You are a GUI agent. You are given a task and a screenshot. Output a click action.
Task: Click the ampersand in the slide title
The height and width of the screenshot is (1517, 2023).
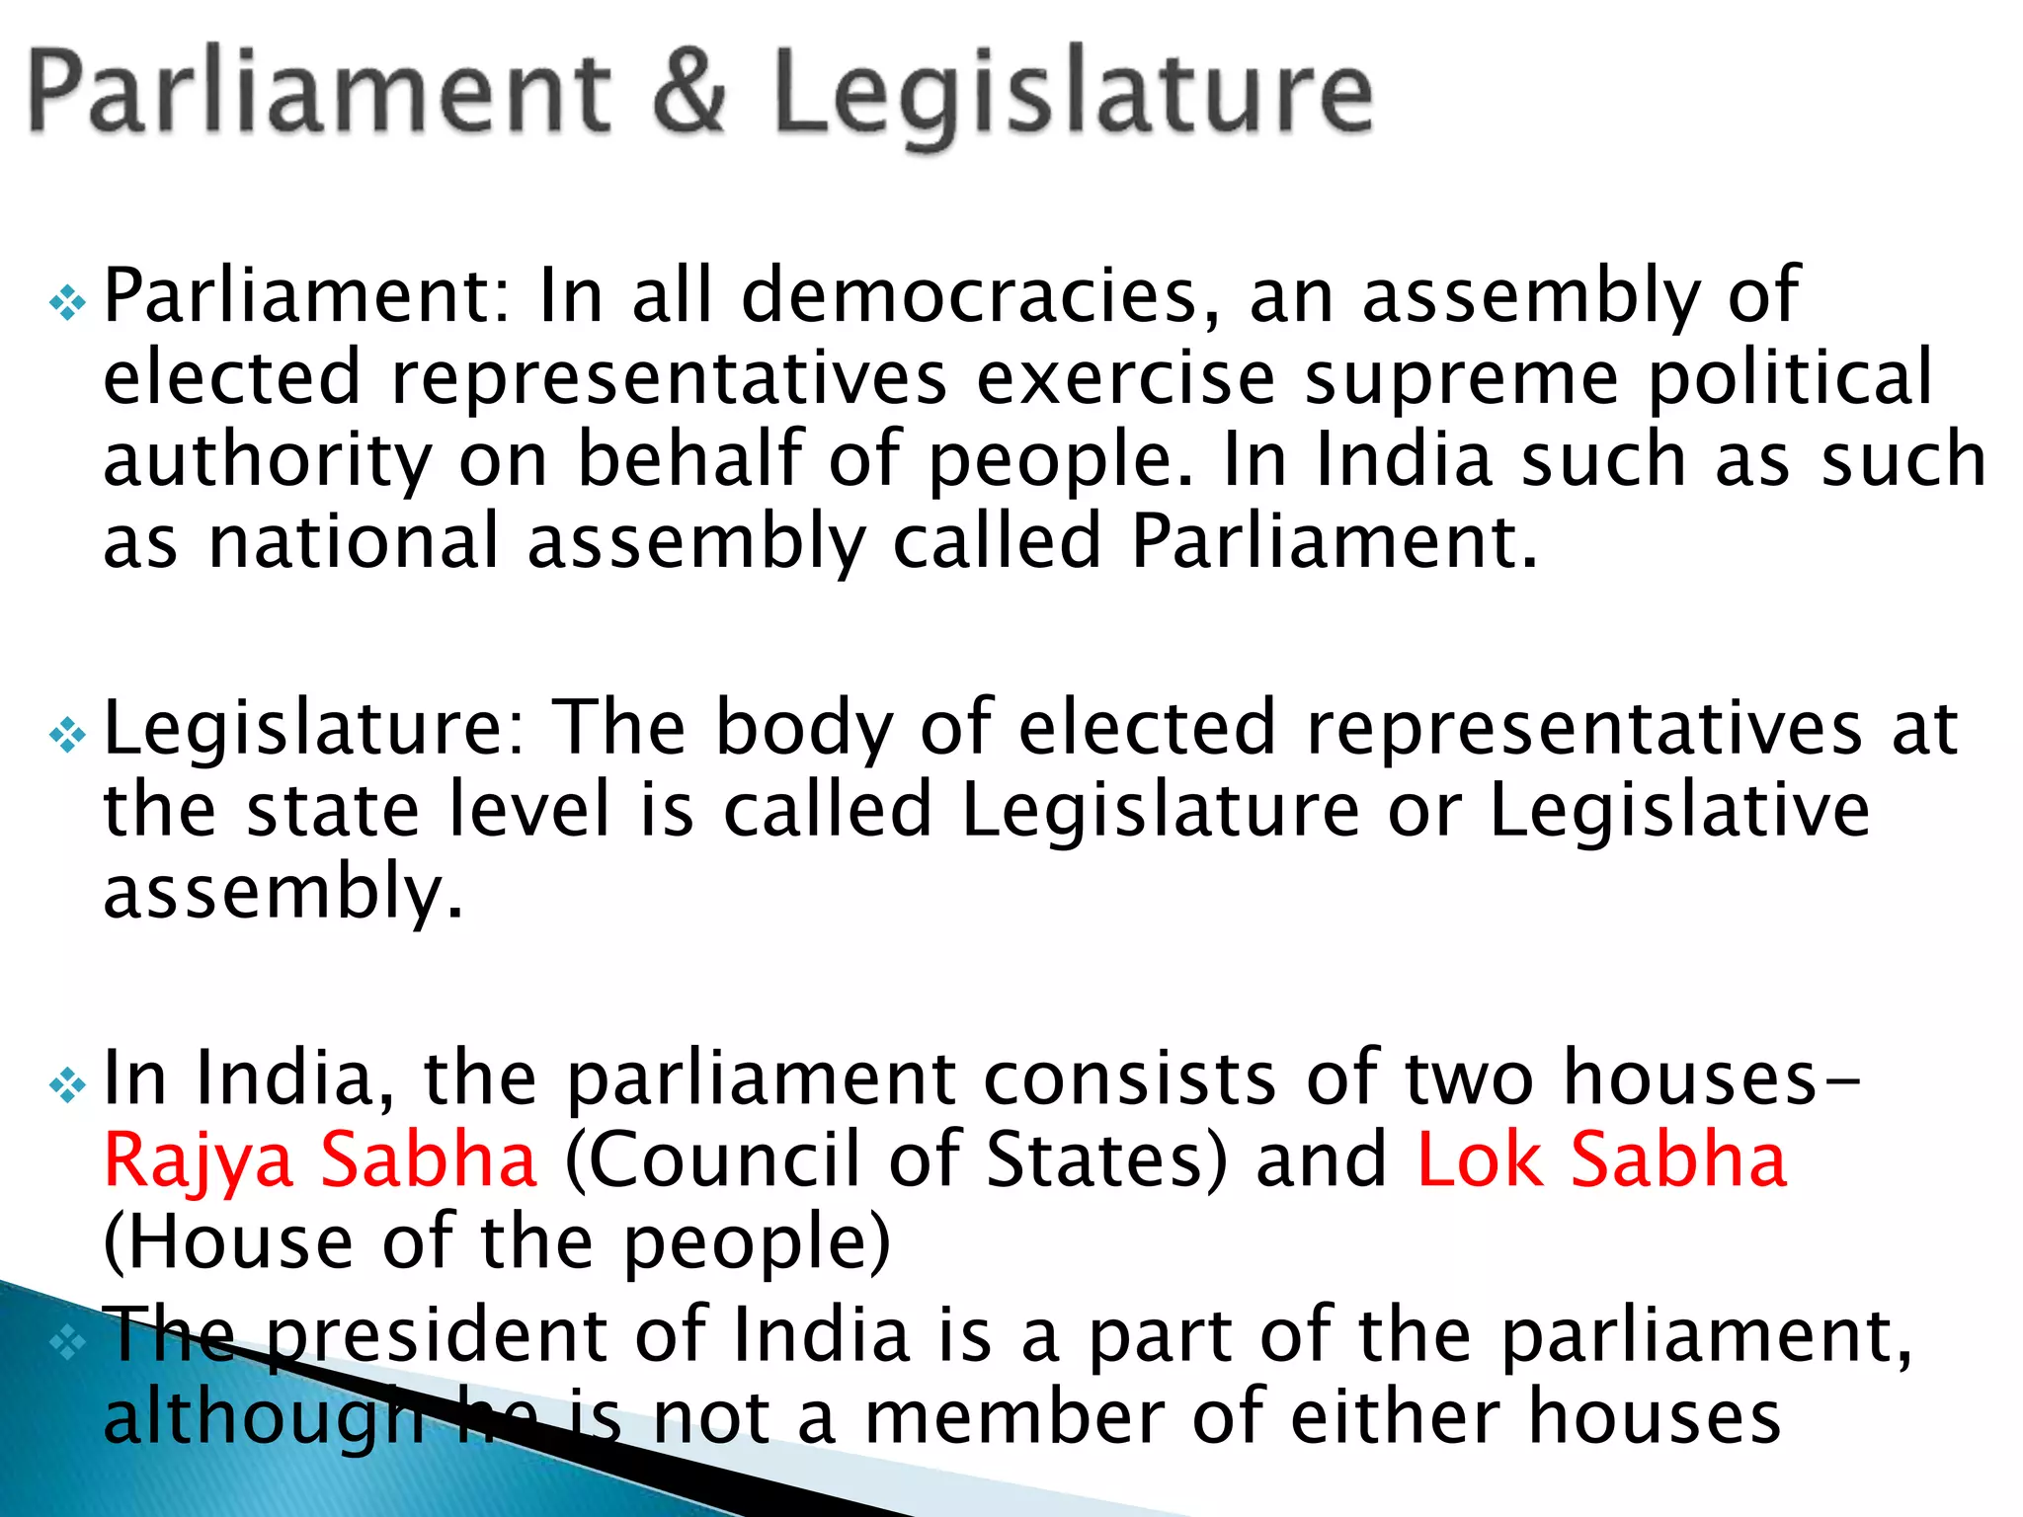tap(689, 91)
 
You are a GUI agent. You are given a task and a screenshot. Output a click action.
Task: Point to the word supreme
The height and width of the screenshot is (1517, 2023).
tap(1462, 380)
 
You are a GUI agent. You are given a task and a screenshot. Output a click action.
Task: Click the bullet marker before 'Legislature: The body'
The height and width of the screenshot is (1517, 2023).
tap(67, 735)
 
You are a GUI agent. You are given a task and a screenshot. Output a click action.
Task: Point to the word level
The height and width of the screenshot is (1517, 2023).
tap(528, 810)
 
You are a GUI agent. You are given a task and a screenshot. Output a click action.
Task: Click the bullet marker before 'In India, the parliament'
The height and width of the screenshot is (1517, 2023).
tap(67, 1085)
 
